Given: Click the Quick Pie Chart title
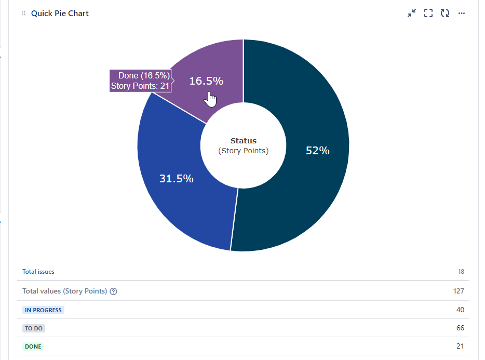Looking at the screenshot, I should pos(60,14).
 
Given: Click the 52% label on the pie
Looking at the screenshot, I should pos(318,151).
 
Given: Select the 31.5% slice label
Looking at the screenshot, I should pos(177,179).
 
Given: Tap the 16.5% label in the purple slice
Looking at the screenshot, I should pos(206,81).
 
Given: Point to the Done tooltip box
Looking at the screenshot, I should pos(140,81).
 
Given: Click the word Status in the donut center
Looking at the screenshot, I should pos(244,141).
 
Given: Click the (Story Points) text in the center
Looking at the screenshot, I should pos(244,151).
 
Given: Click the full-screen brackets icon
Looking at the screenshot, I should pos(428,14).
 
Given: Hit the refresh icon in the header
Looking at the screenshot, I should pos(445,14).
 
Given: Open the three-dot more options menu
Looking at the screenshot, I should pos(461,14).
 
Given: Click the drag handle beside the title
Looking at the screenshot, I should pos(23,14).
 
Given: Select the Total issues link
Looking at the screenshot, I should pos(38,272).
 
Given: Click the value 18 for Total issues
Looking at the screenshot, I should pos(461,272).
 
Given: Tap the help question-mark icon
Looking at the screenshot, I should pos(114,291).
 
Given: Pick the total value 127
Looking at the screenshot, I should pos(459,291).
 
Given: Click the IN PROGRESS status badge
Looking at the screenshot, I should pos(44,310).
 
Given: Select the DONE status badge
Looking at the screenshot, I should pos(33,346).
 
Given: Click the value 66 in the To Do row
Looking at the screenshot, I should pos(460,328).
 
